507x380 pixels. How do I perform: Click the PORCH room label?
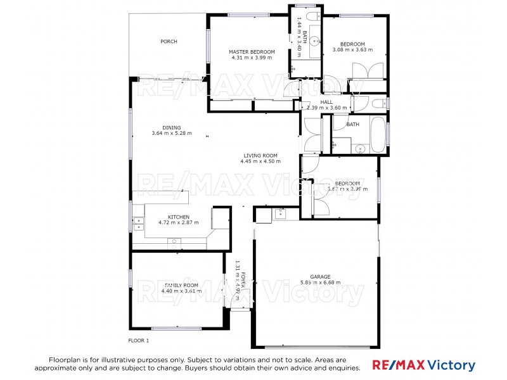click(169, 42)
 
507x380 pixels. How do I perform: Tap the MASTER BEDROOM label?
click(252, 51)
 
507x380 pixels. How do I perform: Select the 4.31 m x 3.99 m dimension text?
click(252, 58)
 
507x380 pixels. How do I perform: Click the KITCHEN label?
click(178, 217)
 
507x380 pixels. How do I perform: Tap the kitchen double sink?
click(137, 222)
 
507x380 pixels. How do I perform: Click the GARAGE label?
click(320, 277)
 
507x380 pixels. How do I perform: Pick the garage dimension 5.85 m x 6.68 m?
click(320, 282)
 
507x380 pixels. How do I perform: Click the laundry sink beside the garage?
click(280, 213)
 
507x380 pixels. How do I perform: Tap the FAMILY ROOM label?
click(164, 285)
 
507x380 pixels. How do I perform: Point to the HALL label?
click(326, 102)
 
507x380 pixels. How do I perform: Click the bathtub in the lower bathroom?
click(377, 134)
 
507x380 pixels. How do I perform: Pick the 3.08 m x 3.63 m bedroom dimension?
click(353, 49)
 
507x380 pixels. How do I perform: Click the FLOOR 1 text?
click(139, 341)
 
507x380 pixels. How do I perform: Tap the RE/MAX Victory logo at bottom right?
click(423, 365)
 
